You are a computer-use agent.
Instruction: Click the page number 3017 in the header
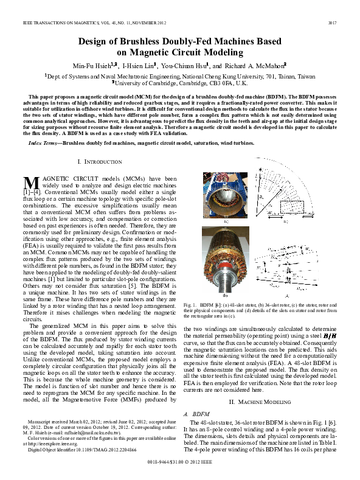click(x=333, y=23)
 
